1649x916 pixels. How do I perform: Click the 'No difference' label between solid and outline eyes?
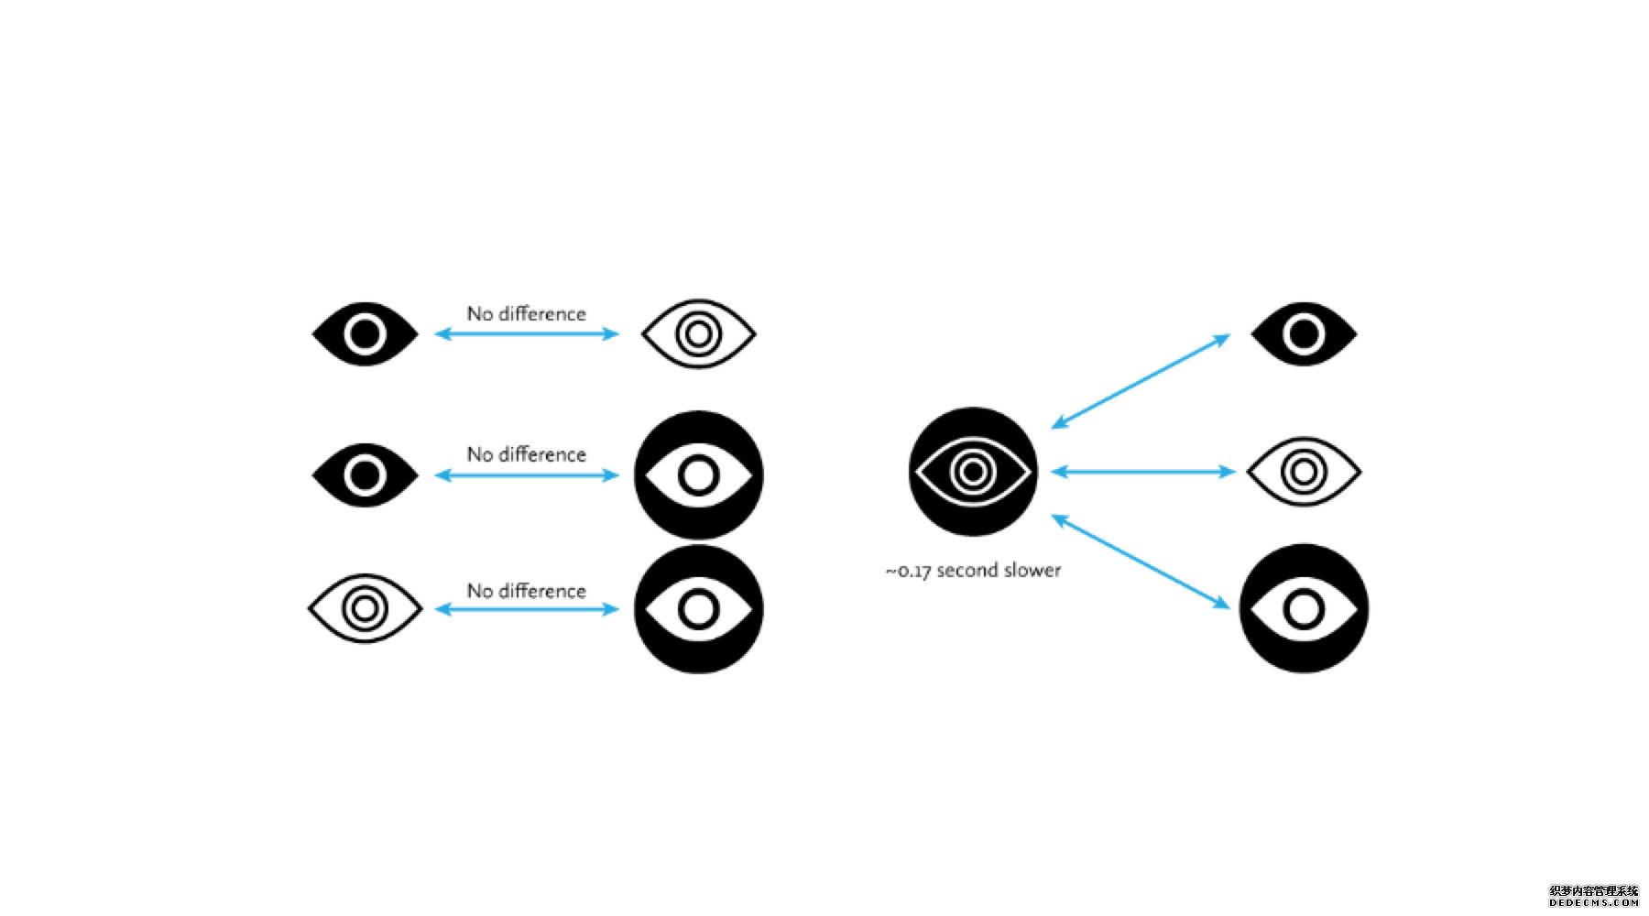[x=527, y=314]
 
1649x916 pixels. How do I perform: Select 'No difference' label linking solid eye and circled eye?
[x=527, y=454]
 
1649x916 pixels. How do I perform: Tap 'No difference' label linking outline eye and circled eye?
[x=527, y=591]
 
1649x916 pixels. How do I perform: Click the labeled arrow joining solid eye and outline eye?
[x=527, y=334]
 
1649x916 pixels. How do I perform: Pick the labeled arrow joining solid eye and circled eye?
[x=527, y=475]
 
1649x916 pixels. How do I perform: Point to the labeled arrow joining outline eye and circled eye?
[x=527, y=609]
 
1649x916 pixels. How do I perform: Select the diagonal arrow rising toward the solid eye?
[x=1141, y=381]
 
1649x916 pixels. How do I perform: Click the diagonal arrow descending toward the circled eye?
[x=1141, y=562]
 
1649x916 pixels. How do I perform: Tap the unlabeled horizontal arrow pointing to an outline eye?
[x=1143, y=472]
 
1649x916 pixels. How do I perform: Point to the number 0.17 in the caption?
[x=913, y=572]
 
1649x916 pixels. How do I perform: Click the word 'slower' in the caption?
[x=1032, y=571]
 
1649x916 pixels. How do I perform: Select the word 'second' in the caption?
[x=966, y=571]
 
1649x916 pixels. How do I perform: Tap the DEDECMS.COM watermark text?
[x=1593, y=902]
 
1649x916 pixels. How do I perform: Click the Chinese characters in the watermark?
[x=1593, y=890]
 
